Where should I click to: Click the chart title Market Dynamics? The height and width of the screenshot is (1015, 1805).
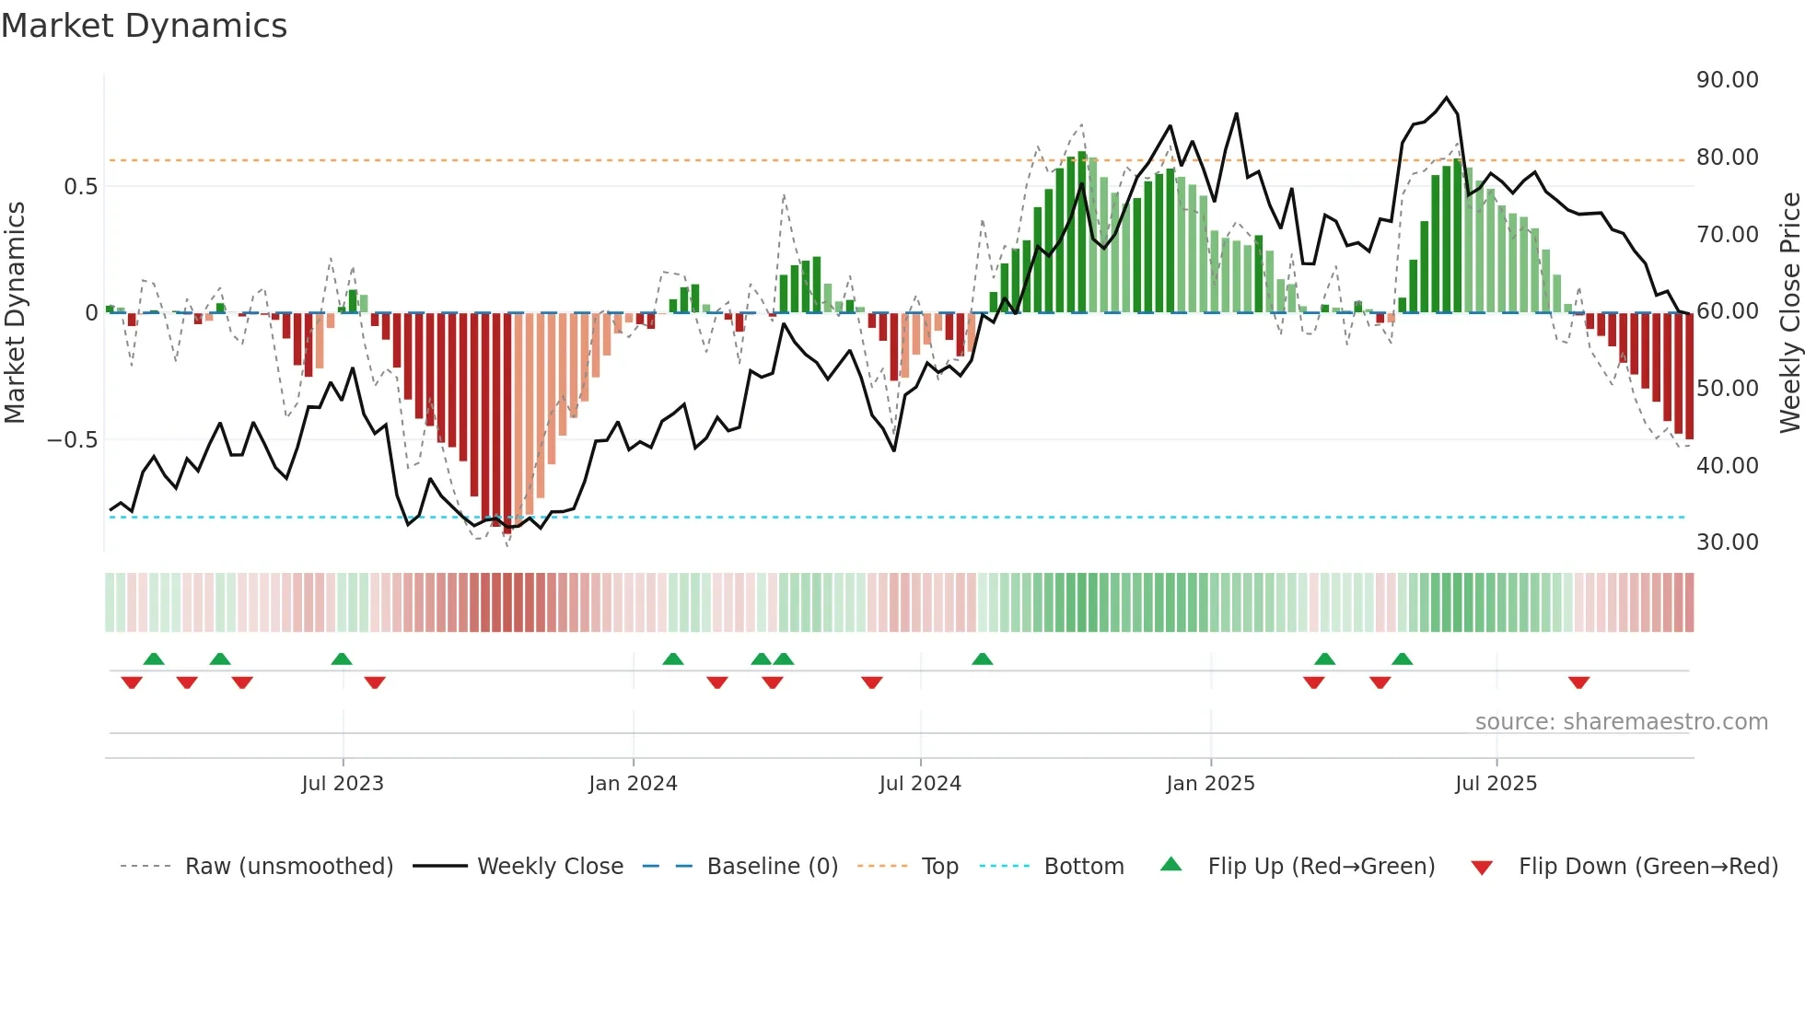tap(144, 26)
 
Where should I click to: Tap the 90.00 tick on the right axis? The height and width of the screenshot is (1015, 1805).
tap(1727, 80)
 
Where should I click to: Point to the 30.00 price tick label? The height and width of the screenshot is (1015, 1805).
tap(1727, 542)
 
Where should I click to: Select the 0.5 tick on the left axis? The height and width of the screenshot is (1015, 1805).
tap(80, 187)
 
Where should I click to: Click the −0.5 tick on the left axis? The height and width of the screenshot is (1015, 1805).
tap(73, 440)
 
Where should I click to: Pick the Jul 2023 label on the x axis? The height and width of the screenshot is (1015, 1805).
tap(343, 784)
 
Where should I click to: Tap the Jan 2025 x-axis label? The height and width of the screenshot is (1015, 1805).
tap(1210, 784)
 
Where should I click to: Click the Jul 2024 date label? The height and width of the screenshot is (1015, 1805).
tap(920, 784)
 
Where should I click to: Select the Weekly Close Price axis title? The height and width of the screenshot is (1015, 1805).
tap(1789, 313)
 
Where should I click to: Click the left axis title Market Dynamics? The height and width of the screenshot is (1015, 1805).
tap(15, 313)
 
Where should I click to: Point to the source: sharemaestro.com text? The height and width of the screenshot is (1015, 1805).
tap(1621, 722)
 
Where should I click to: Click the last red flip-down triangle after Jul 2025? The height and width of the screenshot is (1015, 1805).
tap(1578, 682)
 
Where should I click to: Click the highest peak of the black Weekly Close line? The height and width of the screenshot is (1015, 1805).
tap(1446, 98)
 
